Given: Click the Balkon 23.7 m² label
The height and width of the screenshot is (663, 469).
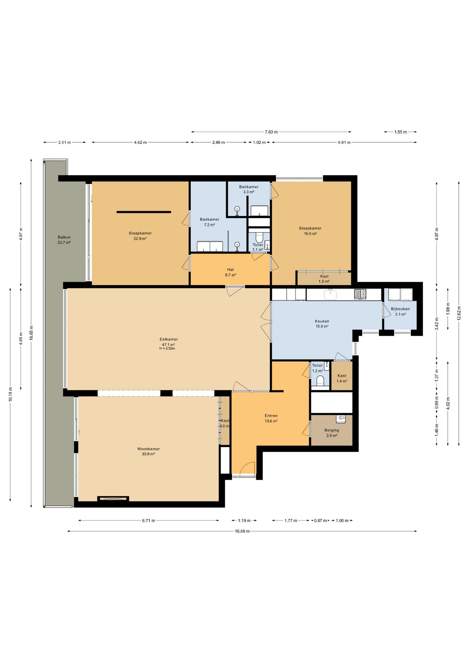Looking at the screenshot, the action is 64,240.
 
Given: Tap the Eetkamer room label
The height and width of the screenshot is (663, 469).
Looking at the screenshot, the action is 169,339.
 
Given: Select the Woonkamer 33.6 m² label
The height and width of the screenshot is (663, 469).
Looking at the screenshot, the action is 149,451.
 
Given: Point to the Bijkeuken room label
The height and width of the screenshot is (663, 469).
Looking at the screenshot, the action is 400,309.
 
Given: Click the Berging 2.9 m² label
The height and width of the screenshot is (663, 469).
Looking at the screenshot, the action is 332,433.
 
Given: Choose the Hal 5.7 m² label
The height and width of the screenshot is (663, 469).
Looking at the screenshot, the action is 230,272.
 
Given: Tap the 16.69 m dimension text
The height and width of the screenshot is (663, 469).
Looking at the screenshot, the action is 242,531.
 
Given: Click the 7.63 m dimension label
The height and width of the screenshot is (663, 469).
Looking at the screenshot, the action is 271,132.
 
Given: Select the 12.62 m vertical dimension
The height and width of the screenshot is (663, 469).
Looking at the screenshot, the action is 459,313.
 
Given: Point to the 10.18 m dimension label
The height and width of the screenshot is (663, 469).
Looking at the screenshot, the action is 10,394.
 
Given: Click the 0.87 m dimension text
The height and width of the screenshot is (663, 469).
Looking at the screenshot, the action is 320,521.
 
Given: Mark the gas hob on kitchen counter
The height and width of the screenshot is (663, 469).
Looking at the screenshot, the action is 360,294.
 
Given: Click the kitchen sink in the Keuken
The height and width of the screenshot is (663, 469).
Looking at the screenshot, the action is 330,294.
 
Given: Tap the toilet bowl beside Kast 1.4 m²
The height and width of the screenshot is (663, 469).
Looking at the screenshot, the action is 320,380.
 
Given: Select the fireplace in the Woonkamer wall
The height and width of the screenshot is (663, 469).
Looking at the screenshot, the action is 113,499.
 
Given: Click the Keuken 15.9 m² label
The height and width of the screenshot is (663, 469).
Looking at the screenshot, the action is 322,324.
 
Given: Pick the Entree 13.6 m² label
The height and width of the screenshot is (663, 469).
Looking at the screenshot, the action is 271,418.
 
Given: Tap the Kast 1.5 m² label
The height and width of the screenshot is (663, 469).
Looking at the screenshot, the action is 324,279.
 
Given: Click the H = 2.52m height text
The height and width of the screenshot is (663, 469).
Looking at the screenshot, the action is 167,348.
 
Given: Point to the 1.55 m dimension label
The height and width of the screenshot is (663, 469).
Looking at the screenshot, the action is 400,132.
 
